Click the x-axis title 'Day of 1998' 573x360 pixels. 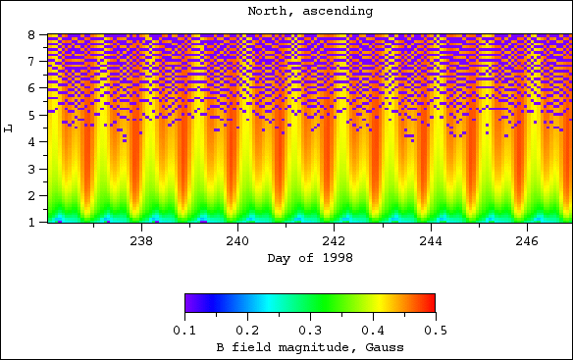point(309,258)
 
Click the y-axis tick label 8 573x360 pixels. point(32,34)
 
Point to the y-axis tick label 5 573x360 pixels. point(32,115)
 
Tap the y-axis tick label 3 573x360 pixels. point(32,169)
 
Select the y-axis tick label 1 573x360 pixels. point(32,223)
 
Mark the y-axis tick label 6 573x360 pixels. point(32,88)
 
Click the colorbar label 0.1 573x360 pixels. point(184,332)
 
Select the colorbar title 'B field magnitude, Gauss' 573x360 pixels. point(309,347)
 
